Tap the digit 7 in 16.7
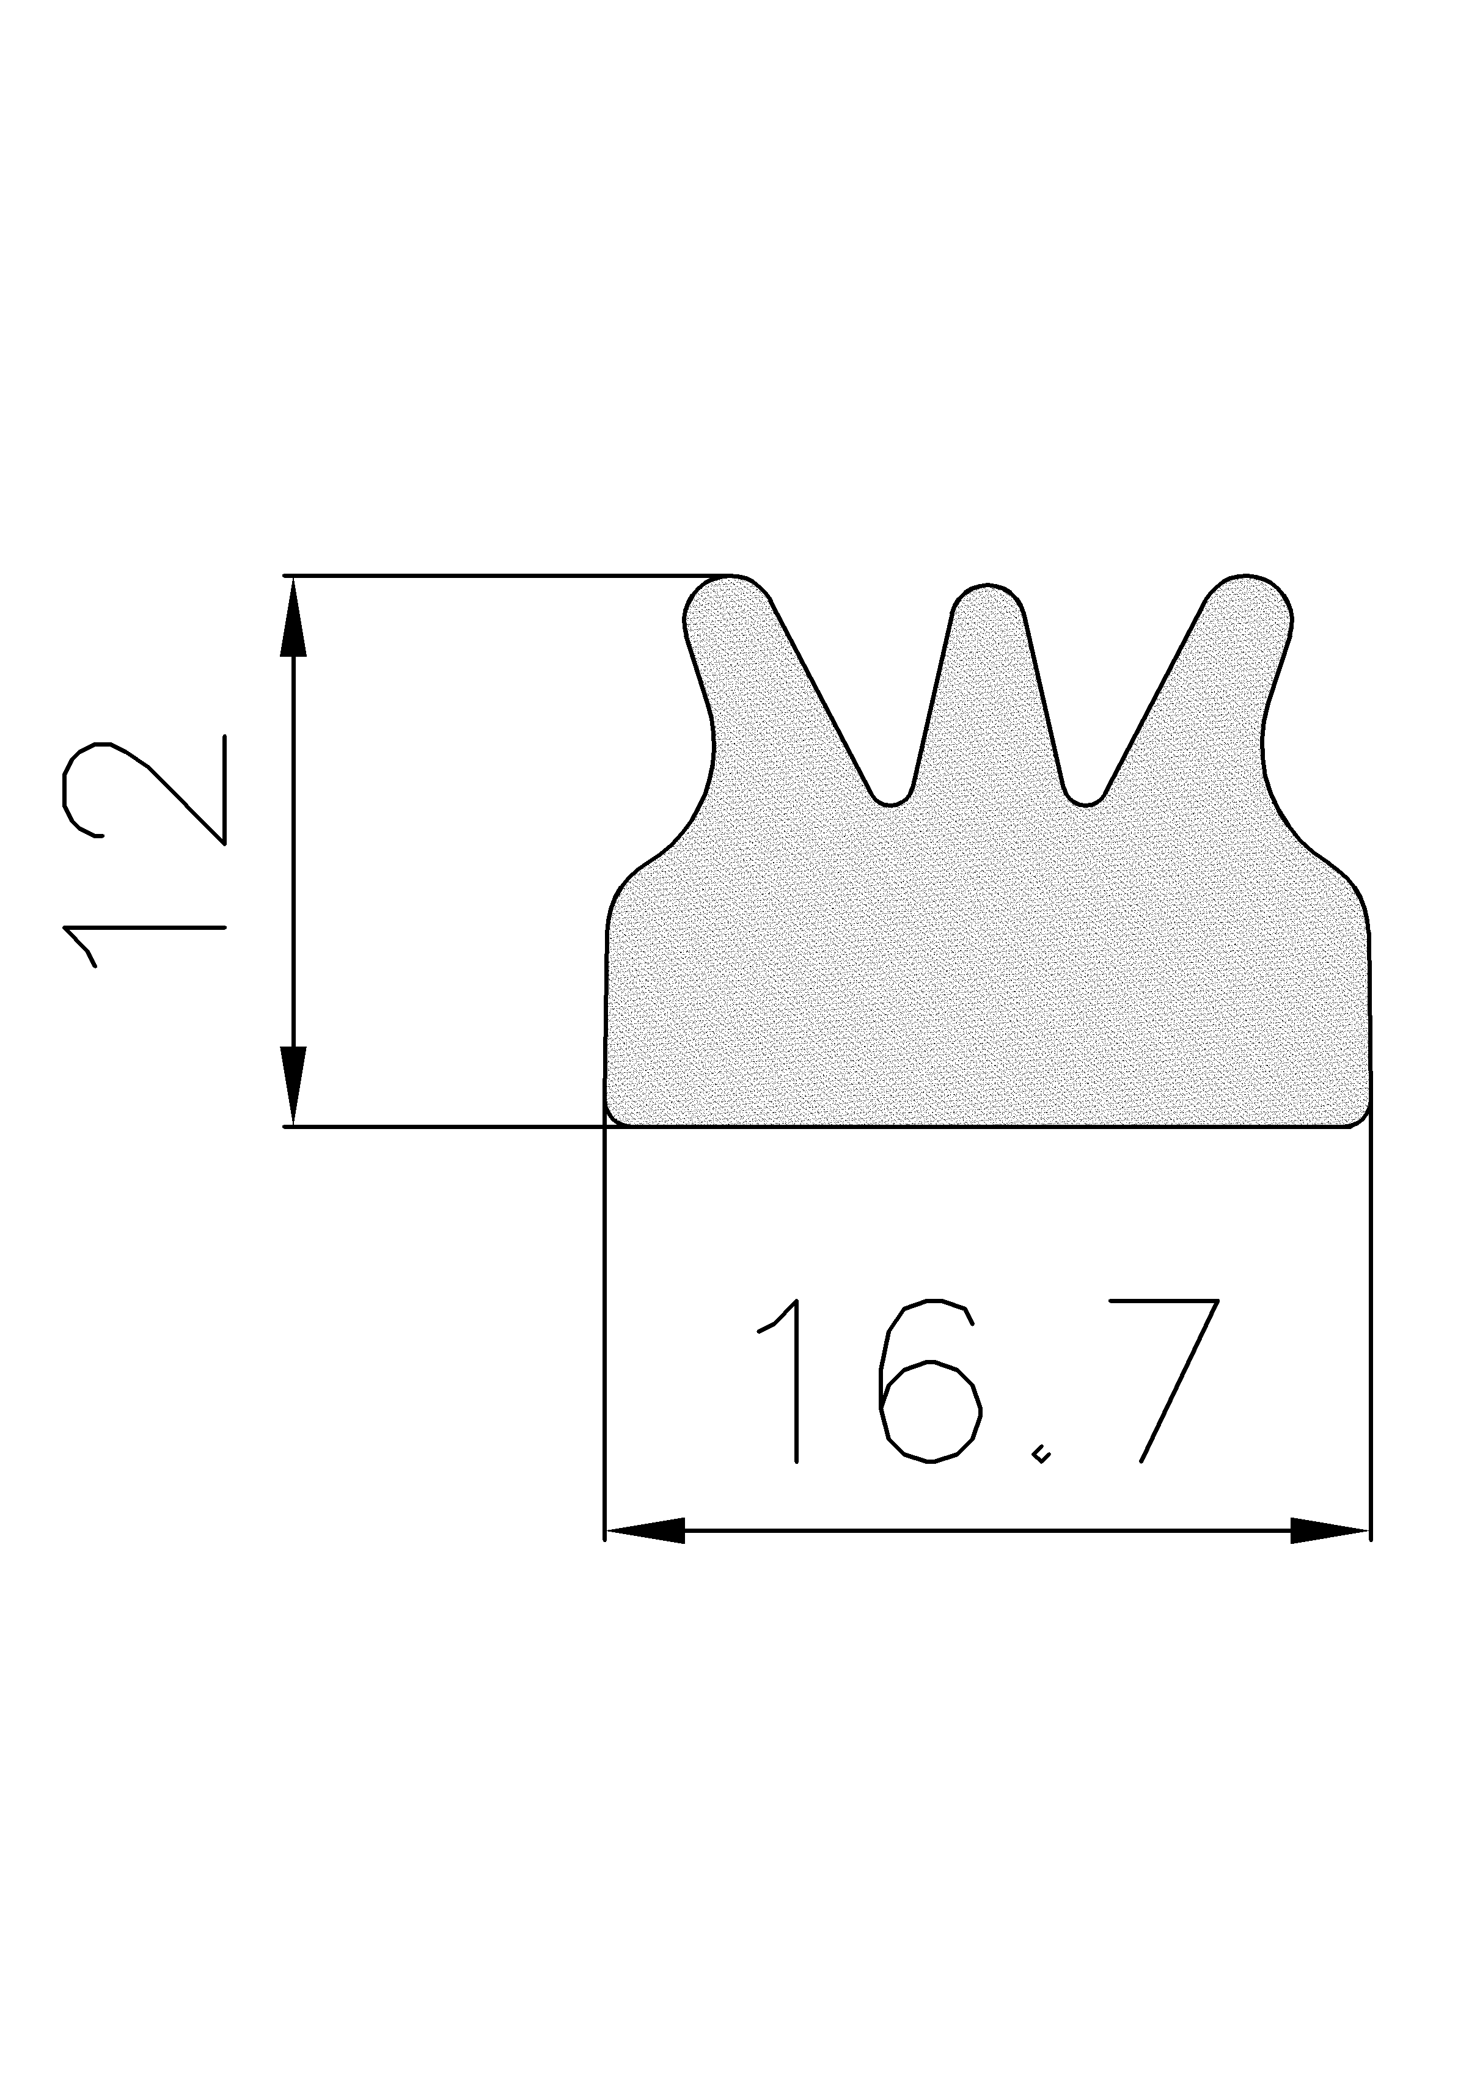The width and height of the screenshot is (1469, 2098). (1179, 1380)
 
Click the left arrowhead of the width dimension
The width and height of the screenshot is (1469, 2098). (645, 1530)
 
